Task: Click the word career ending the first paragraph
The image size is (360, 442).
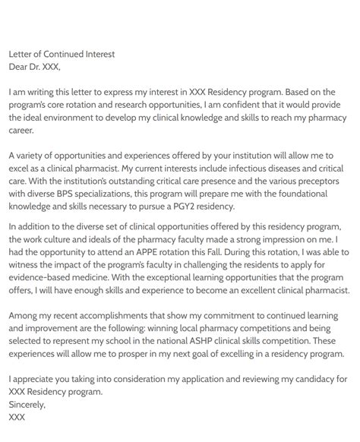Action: click(x=23, y=131)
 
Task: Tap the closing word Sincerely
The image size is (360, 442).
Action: click(x=27, y=405)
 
